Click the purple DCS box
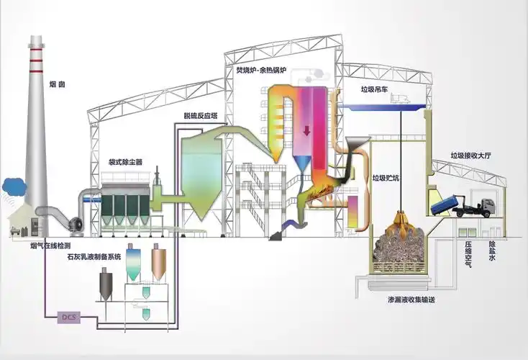tap(69, 318)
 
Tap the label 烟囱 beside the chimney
tap(57, 84)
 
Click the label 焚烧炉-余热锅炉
tap(261, 71)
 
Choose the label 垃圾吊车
tap(374, 89)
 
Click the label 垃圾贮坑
tap(386, 178)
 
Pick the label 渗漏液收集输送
tap(411, 299)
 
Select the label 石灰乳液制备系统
tap(94, 257)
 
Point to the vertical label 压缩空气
tap(468, 254)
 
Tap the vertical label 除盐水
tap(492, 251)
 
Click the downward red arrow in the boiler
tap(306, 130)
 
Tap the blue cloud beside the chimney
tap(14, 186)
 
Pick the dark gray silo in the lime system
tap(106, 285)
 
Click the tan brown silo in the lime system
tap(158, 263)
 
